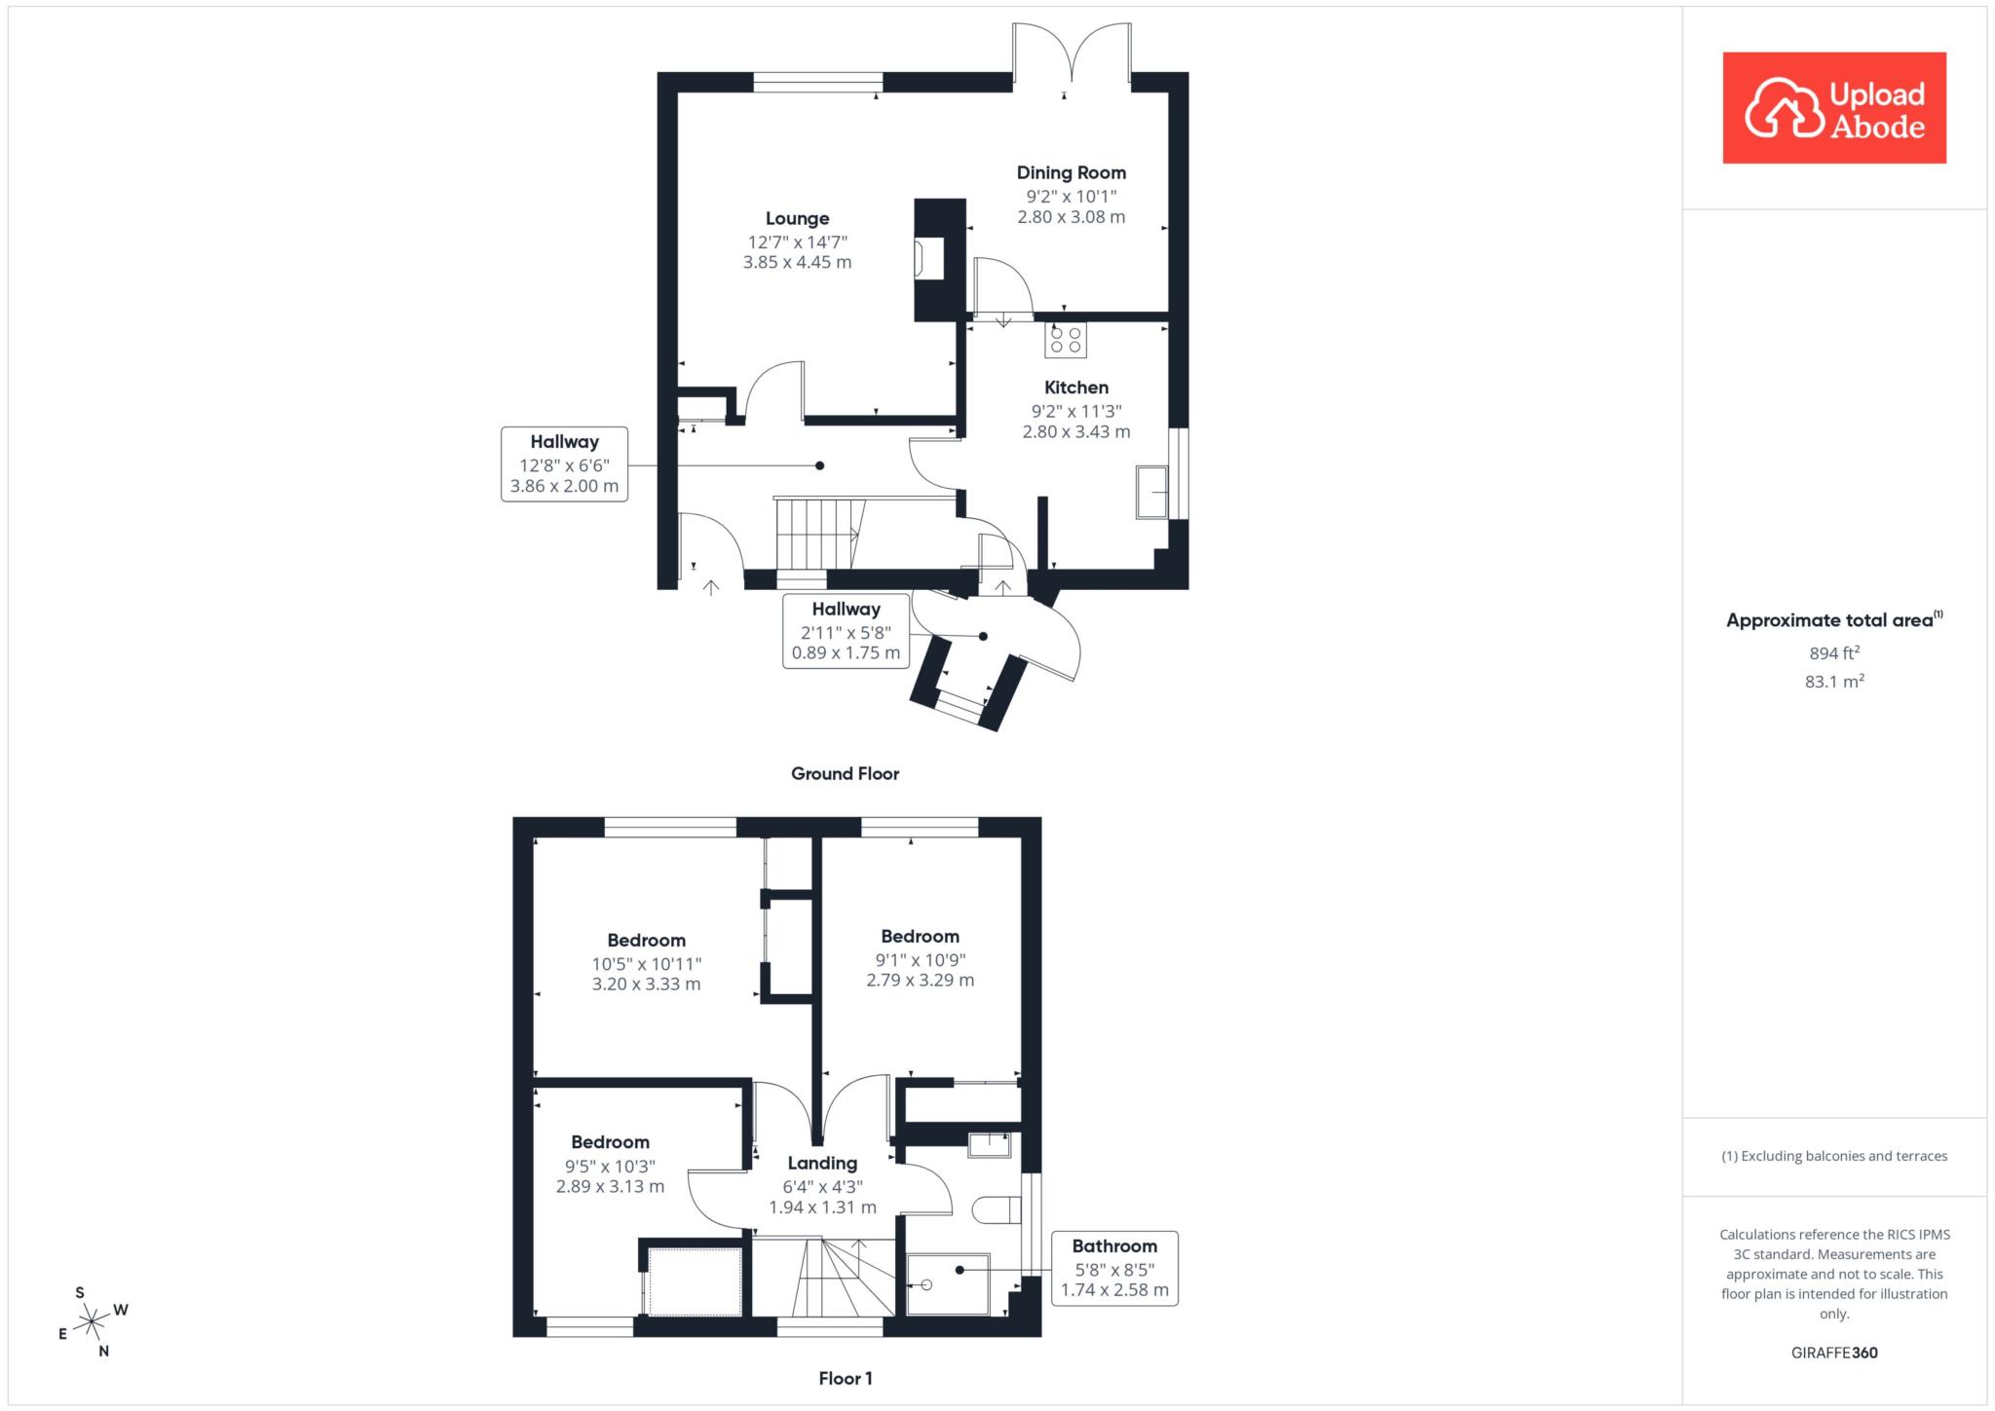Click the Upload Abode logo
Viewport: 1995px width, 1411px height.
tap(1834, 108)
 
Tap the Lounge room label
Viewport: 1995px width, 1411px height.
tap(797, 219)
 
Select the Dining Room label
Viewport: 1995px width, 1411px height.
tap(1072, 173)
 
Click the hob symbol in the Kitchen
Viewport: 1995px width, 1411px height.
tap(1066, 340)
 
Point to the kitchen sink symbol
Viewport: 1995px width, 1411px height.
tap(1152, 493)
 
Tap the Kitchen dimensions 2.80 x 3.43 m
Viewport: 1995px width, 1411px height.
tap(1076, 431)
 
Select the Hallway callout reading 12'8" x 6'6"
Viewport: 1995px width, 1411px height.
tap(564, 464)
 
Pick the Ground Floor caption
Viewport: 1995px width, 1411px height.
tap(845, 774)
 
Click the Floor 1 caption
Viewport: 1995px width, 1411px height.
tap(846, 1379)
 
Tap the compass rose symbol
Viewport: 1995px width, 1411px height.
tap(93, 1321)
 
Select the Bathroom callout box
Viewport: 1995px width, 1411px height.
tap(1114, 1269)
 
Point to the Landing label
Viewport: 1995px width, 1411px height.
tap(822, 1164)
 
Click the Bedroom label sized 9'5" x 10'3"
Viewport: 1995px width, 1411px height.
tap(610, 1142)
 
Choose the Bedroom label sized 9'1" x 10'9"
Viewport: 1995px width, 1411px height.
tap(920, 937)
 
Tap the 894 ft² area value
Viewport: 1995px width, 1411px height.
tap(1834, 653)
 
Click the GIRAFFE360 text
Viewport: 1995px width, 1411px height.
tap(1834, 1353)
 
